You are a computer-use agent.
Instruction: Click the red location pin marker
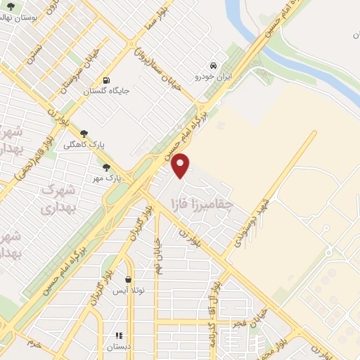[181, 165]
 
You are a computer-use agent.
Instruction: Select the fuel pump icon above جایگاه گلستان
[106, 79]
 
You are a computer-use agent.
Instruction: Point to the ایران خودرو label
[214, 75]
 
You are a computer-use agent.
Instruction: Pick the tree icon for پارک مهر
[106, 167]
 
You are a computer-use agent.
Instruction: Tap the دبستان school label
[118, 347]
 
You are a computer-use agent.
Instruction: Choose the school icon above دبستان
[119, 336]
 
